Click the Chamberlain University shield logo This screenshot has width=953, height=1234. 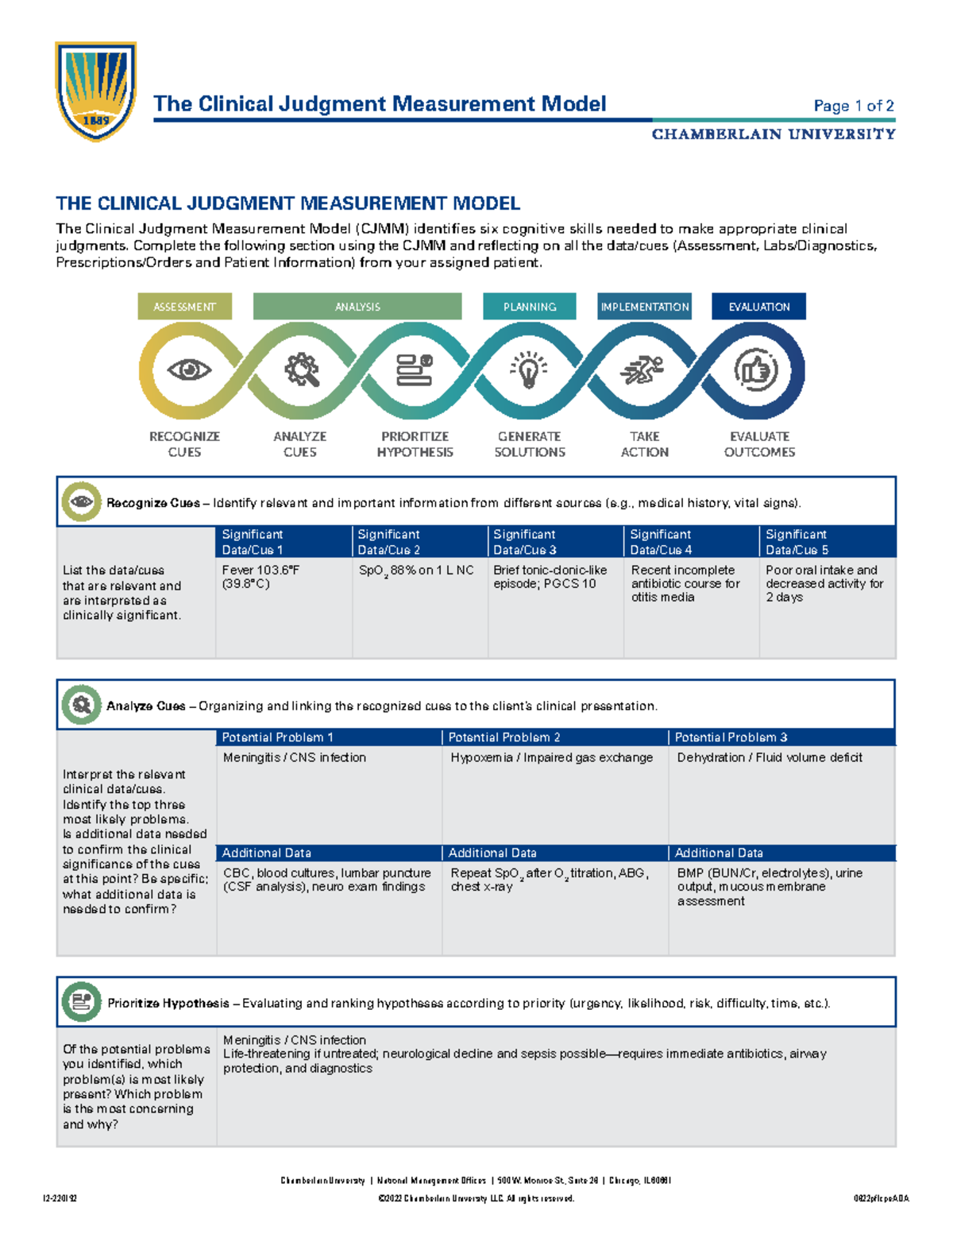click(95, 91)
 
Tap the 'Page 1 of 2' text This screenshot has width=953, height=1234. click(854, 106)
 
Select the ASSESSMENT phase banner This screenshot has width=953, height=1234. click(184, 307)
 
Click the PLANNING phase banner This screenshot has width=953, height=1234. click(529, 307)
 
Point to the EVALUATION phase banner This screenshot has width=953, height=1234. click(758, 307)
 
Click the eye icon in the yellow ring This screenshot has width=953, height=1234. click(189, 369)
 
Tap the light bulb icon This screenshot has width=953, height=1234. click(529, 370)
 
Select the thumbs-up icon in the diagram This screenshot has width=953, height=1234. click(755, 370)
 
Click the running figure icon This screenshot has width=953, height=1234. click(642, 369)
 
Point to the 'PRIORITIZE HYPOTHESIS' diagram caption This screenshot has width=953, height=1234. click(415, 444)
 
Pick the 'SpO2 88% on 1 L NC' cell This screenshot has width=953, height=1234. click(416, 571)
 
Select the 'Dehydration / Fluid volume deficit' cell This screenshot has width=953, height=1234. click(770, 758)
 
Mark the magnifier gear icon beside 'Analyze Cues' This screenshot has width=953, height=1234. click(81, 704)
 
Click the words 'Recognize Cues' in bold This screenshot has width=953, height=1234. click(153, 503)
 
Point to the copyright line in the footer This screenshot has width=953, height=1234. click(476, 1198)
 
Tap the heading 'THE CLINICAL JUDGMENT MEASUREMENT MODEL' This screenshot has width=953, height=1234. click(287, 203)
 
